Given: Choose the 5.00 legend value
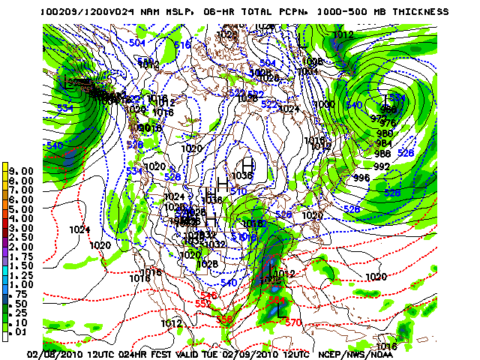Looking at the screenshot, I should [22, 208].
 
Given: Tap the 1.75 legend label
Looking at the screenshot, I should [22, 256].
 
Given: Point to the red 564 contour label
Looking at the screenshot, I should [277, 301].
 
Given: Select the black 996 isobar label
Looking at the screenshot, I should [361, 178].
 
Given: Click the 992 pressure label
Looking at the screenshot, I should [382, 166].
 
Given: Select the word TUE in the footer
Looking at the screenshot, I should [219, 354].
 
